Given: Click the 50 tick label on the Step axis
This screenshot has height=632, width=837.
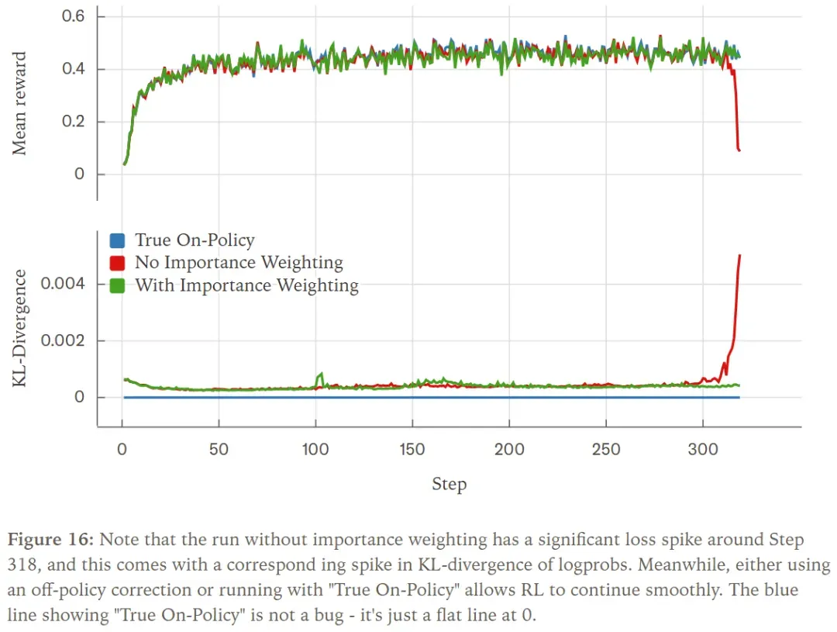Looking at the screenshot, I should coord(219,449).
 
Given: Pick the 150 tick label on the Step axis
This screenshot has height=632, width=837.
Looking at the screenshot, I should coord(412,449).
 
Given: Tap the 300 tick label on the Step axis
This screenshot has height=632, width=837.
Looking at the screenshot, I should coord(703,449).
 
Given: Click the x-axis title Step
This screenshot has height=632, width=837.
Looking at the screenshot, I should coord(449,485).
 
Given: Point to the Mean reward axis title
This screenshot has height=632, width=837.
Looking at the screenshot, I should coord(20,104).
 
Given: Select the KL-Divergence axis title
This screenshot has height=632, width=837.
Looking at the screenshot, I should coord(20,328).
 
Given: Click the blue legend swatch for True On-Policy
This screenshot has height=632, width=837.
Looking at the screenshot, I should coord(117,240).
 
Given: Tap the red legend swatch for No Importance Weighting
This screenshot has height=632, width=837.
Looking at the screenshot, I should coord(117,263).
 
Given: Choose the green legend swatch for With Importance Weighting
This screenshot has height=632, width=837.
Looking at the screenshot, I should coord(117,285).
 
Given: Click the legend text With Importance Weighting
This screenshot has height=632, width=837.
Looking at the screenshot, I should coord(246,285).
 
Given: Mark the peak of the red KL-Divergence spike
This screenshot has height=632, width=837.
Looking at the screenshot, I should coord(740,255).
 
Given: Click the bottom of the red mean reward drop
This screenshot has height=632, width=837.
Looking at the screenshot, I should coord(739,150).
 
